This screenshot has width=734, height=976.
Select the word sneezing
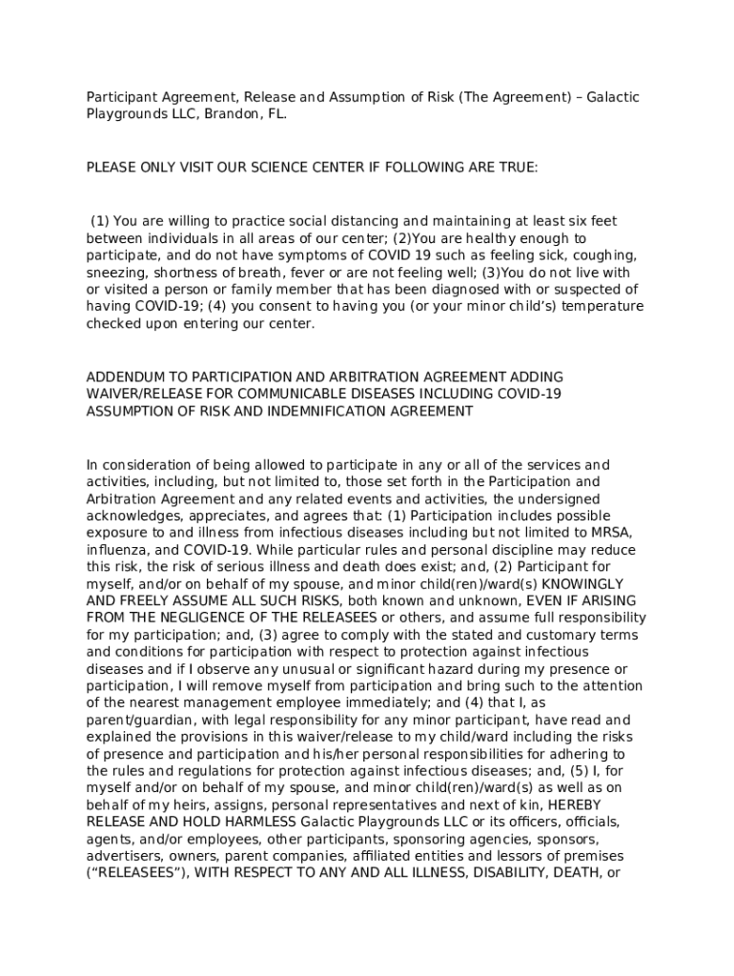coord(116,272)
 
